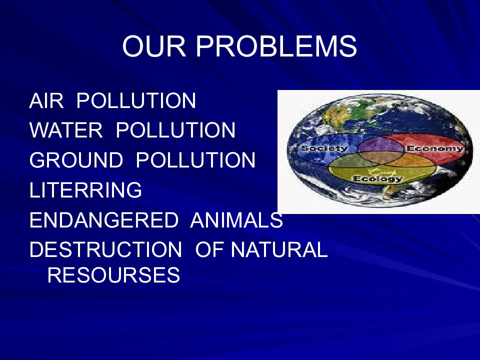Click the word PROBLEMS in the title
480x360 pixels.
click(276, 47)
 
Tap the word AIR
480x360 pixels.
click(46, 101)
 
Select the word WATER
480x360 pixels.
click(66, 131)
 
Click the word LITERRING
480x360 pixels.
click(85, 190)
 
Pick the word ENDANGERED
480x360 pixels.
click(103, 220)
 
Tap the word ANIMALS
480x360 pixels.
click(236, 220)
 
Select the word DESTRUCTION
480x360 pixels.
click(105, 249)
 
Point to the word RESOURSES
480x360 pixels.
click(113, 275)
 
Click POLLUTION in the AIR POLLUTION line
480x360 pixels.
click(136, 101)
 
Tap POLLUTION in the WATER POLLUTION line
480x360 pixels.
click(175, 131)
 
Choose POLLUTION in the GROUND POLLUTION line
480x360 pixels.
click(195, 160)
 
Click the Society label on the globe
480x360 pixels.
click(323, 148)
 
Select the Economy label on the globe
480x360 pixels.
click(434, 148)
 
